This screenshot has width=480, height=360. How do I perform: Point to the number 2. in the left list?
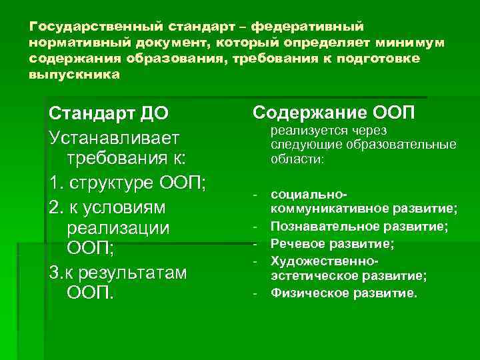click(57, 207)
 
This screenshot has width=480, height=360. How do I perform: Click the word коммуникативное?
click(327, 211)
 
